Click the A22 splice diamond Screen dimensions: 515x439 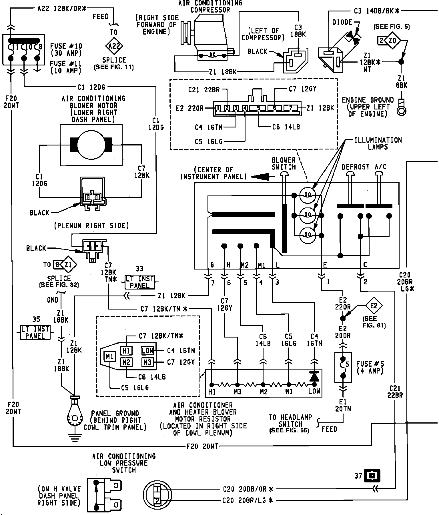click(114, 46)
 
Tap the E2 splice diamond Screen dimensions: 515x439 click(374, 306)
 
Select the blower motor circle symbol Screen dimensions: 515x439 click(91, 145)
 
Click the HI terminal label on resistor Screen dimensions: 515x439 click(212, 392)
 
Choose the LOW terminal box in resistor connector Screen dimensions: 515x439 click(148, 350)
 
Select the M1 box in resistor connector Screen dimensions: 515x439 click(110, 357)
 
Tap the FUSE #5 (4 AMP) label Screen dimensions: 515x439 click(370, 368)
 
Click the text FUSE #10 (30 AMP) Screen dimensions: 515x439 click(66, 49)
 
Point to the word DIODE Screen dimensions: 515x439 click(342, 22)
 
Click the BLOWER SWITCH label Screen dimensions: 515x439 click(284, 163)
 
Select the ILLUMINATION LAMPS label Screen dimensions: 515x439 click(378, 143)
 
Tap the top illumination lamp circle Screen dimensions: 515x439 click(308, 195)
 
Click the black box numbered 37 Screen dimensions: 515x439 click(372, 476)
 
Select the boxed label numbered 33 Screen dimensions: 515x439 click(140, 282)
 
